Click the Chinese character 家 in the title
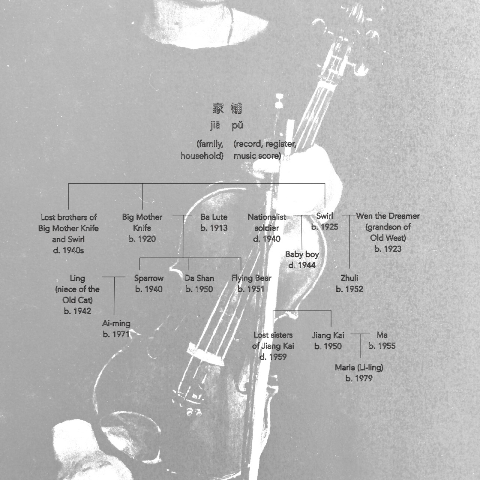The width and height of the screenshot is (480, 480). pos(218,109)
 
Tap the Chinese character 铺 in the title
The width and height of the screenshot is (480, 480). pos(236,108)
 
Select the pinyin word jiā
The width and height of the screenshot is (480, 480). pos(215,126)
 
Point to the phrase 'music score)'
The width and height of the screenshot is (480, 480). pos(257,156)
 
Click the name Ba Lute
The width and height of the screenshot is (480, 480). pos(214,217)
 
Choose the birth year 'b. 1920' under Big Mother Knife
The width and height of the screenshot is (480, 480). pos(142,239)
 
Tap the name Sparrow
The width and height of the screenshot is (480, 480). pos(149,278)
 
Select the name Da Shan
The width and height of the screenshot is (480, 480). pos(199,278)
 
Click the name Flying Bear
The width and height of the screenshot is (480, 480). pos(251,278)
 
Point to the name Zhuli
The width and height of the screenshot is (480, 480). pos(349,278)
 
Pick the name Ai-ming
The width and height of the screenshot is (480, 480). pos(116,324)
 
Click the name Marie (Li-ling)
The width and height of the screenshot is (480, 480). pos(359,367)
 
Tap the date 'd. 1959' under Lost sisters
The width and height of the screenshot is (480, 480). pos(273,357)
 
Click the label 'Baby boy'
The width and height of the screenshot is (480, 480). pos(302,254)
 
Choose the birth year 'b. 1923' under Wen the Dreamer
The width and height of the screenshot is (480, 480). pos(388,249)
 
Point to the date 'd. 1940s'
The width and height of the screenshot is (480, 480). pos(69,250)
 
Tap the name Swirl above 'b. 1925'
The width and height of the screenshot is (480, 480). pos(325,216)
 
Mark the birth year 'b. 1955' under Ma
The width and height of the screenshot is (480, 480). pos(382,346)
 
